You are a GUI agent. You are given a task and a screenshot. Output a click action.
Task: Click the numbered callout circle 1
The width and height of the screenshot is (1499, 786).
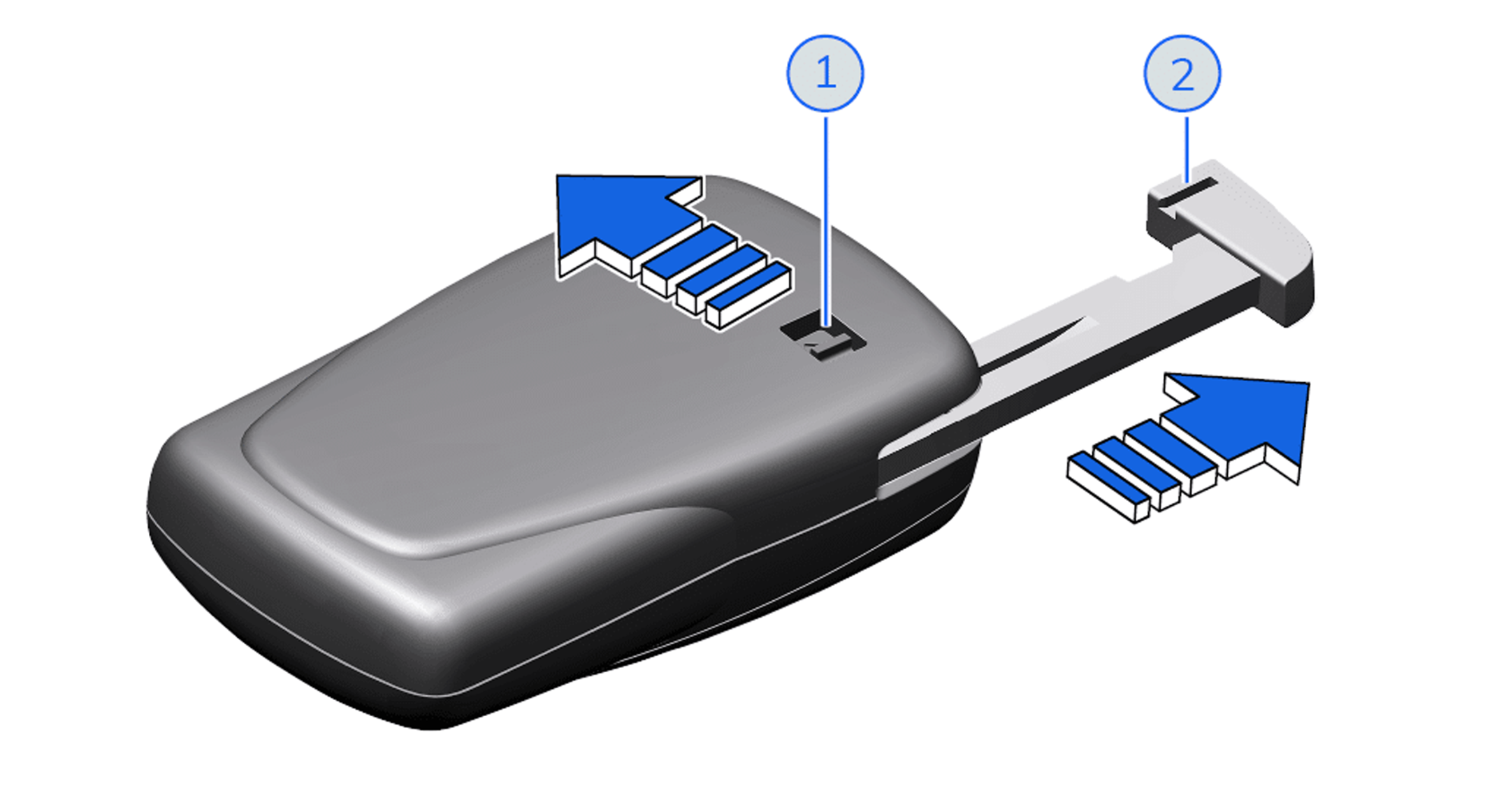coord(825,73)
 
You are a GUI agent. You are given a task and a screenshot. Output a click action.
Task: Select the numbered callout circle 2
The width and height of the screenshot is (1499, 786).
coord(1182,73)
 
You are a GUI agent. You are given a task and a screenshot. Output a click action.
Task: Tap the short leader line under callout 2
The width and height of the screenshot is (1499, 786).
coord(1187,150)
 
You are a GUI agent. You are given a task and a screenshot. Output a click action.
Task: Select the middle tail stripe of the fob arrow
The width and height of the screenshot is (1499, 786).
coord(721,278)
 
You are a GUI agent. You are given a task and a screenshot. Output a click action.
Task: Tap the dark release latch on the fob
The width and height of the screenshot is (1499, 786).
coord(823,338)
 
